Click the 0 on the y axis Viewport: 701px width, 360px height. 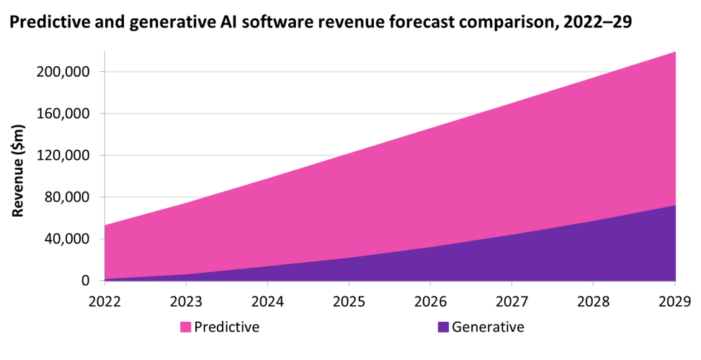click(x=84, y=281)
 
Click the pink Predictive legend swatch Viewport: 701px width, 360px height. click(x=186, y=328)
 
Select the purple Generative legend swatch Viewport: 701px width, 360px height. click(x=443, y=328)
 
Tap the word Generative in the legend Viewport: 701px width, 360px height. click(x=488, y=328)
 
